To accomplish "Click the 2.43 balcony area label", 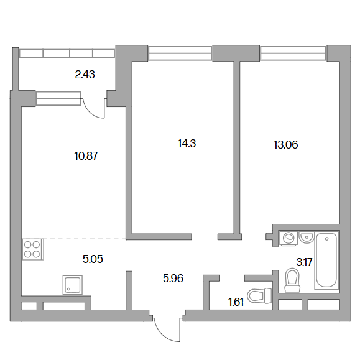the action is click(85, 75).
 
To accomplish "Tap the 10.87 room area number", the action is click(86, 156).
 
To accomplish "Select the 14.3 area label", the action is click(187, 144).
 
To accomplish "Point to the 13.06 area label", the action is click(285, 145).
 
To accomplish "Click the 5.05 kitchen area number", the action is click(93, 259).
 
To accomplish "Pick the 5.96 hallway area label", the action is click(173, 279).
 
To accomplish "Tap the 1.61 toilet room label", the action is click(236, 302).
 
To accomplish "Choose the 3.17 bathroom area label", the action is click(304, 262).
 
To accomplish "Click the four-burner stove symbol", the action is click(32, 249).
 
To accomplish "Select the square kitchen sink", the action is click(73, 285).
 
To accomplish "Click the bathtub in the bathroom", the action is click(326, 261).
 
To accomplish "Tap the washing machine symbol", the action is click(288, 238).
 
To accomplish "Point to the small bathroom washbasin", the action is click(307, 237).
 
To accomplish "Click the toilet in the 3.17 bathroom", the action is click(292, 280).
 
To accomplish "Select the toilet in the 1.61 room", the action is click(260, 295).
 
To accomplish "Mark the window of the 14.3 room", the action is click(180, 53).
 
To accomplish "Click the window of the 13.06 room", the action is click(293, 53).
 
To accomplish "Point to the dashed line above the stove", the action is click(85, 239).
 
